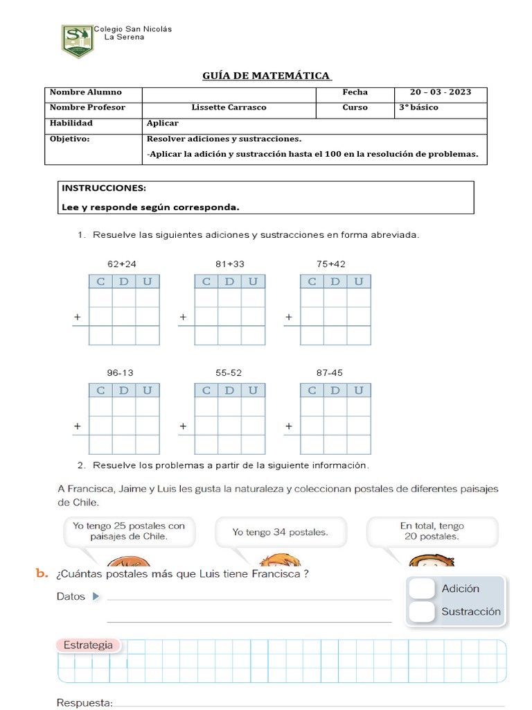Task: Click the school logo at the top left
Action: point(76,42)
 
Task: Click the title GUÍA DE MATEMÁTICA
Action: point(267,75)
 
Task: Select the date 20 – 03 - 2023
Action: point(440,92)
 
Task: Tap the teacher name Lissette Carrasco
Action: point(229,107)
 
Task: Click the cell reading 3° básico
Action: point(418,107)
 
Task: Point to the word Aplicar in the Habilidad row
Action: point(163,123)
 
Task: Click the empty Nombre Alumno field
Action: point(229,92)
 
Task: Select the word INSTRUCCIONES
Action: point(104,188)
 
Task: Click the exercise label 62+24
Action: point(122,263)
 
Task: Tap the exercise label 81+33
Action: point(229,263)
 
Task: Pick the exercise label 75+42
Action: point(331,263)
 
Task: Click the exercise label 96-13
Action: point(121,372)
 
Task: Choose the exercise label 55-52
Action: point(229,372)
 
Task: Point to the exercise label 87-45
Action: point(330,372)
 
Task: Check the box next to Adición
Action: point(421,589)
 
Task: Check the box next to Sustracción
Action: point(421,612)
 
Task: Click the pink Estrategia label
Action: point(88,645)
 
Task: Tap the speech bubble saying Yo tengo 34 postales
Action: point(280,532)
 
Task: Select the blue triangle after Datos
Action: point(96,596)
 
